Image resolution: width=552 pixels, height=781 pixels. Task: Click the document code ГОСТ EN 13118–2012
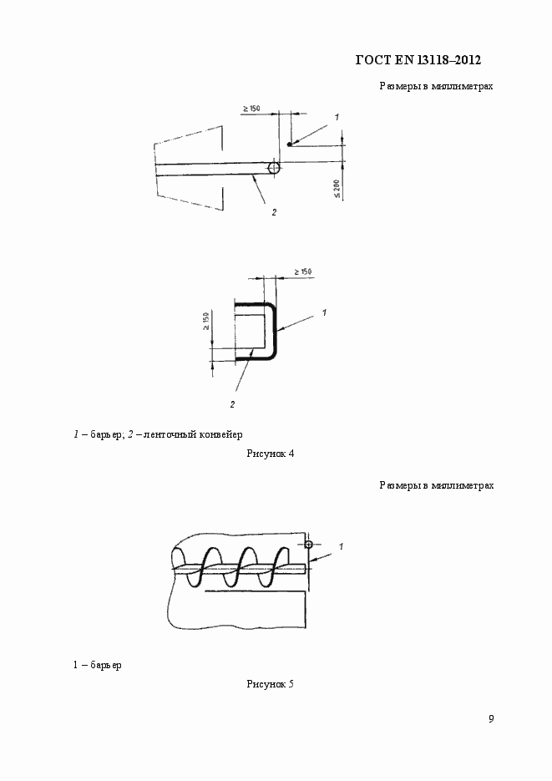click(418, 60)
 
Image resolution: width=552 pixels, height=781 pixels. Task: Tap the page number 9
click(491, 718)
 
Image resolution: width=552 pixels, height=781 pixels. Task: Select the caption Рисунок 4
click(270, 454)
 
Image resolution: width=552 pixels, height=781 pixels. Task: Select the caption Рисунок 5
click(270, 684)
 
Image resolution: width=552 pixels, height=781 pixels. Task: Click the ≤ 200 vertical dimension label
click(337, 189)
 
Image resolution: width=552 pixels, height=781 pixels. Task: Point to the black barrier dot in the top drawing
click(290, 145)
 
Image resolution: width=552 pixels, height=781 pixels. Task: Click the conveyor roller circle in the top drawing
click(273, 168)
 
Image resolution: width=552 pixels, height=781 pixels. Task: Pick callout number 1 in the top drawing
click(336, 117)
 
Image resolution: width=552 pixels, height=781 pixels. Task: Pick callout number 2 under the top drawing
click(273, 212)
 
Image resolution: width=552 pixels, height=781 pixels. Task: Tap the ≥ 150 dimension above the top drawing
click(251, 109)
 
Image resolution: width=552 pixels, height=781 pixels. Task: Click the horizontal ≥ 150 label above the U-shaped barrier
click(302, 271)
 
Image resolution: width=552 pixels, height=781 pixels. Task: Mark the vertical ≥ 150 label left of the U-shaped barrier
click(206, 322)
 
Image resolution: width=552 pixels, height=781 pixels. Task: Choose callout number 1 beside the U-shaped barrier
click(322, 312)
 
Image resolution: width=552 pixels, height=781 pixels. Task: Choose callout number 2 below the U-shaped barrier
click(232, 404)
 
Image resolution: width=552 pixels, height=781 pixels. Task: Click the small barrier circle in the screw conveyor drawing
click(308, 545)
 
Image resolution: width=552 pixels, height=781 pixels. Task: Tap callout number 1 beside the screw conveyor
click(342, 545)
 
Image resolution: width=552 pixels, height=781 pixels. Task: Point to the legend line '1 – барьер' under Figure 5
click(97, 665)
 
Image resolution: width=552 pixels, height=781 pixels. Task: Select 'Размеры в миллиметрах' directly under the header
click(436, 85)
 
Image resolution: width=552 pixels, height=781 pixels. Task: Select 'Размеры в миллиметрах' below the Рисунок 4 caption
click(436, 484)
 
